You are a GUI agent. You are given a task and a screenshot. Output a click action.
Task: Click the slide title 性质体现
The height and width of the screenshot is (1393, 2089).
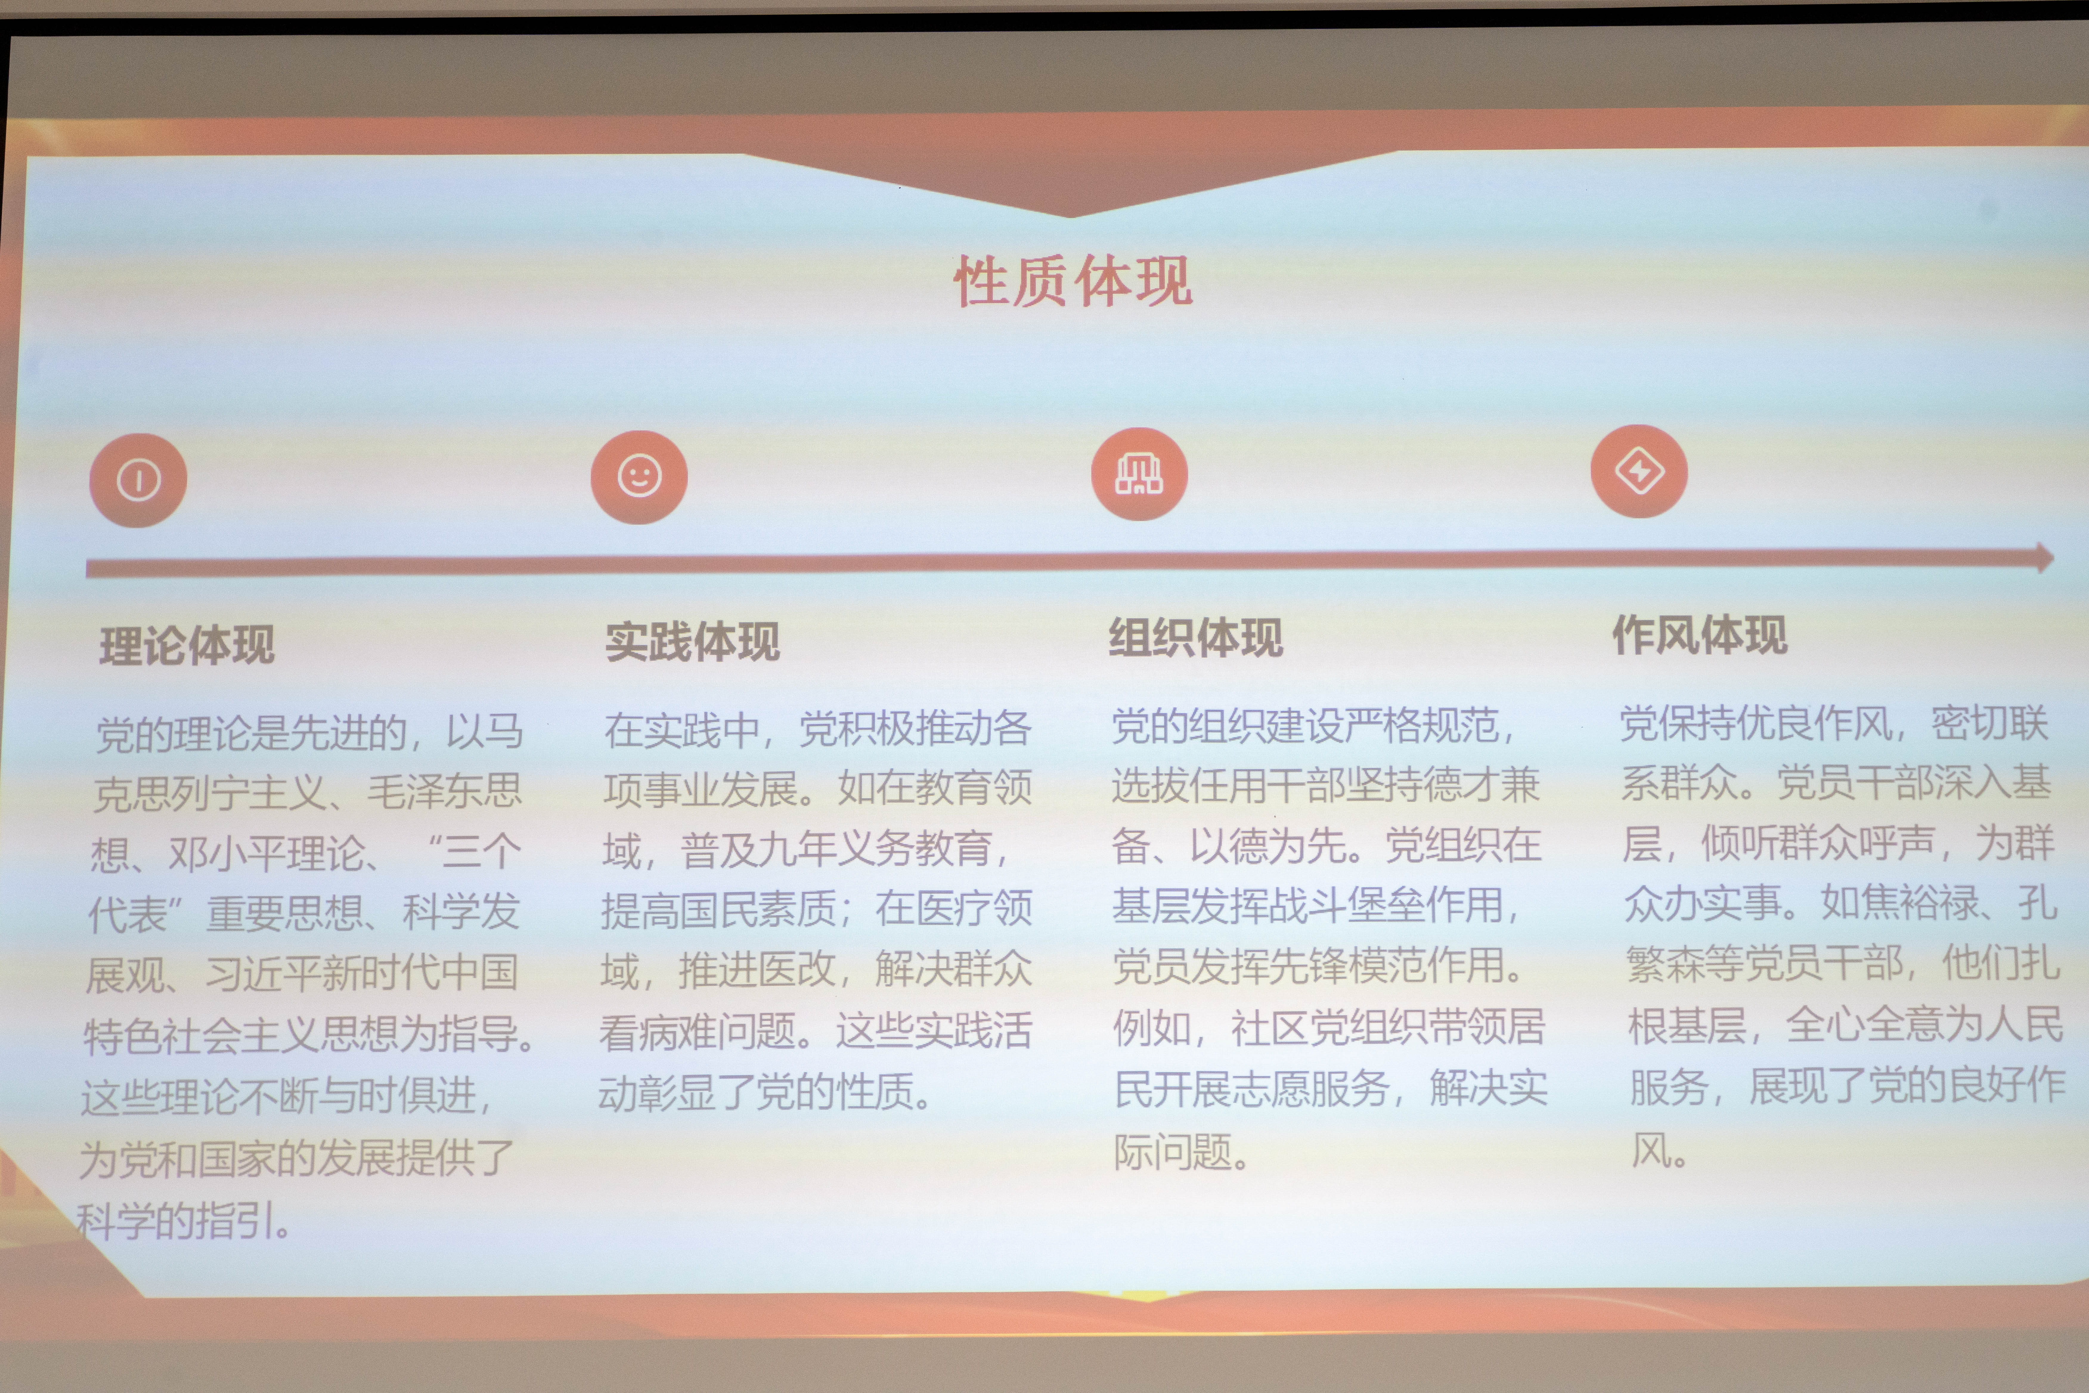point(1073,281)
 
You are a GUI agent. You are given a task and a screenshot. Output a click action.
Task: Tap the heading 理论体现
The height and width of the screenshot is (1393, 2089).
point(187,645)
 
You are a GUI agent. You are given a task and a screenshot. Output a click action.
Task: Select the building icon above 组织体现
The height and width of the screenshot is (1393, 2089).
point(1140,473)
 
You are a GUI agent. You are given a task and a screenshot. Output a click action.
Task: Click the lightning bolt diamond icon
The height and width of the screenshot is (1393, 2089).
point(1639,471)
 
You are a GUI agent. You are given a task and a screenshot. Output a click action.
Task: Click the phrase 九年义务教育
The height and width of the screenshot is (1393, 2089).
point(837,848)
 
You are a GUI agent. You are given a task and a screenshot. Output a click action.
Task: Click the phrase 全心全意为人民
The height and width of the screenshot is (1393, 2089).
point(1924,1024)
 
